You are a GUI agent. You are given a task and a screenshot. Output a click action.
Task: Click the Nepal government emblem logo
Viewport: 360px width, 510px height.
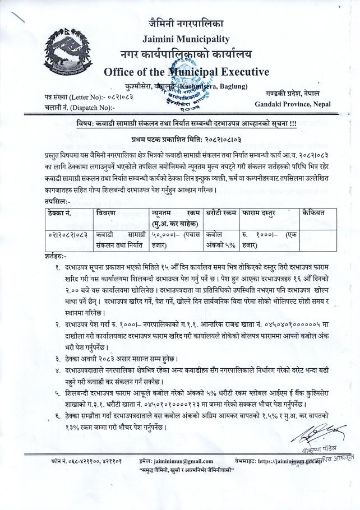pyautogui.click(x=69, y=53)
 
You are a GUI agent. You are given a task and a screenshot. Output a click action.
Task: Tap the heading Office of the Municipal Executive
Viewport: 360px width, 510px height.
pyautogui.click(x=179, y=72)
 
